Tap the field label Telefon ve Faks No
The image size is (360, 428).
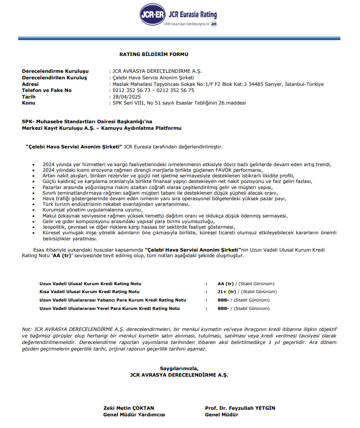47,90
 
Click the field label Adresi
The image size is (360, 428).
31,84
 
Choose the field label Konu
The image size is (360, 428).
28,103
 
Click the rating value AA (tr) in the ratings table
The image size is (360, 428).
226,283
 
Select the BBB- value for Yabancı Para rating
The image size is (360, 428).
223,300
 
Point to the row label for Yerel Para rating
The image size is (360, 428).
109,309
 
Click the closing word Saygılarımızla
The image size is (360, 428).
179,368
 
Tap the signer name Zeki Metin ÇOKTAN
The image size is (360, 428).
128,408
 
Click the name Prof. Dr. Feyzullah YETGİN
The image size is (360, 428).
240,408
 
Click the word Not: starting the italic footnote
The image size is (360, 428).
28,329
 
